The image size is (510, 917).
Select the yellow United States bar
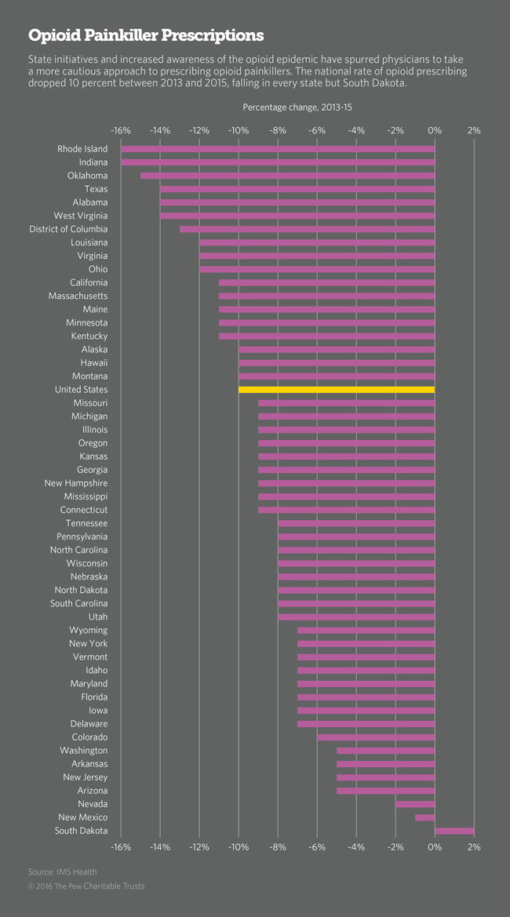[337, 390]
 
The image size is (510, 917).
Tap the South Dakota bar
[454, 831]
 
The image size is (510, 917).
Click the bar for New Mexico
[424, 818]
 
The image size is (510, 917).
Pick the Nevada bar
[415, 805]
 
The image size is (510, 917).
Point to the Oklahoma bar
[287, 176]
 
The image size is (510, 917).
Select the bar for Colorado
[376, 737]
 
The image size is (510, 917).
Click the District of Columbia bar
[307, 229]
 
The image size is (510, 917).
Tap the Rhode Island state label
[82, 149]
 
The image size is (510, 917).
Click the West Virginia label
[81, 216]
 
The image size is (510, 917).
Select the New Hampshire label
[76, 483]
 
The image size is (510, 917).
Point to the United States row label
[82, 390]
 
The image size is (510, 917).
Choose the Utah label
[98, 617]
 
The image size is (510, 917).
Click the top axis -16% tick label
[121, 130]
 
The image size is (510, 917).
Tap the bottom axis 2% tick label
[474, 847]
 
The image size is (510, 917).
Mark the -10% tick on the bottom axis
[239, 847]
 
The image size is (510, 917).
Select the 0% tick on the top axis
[435, 130]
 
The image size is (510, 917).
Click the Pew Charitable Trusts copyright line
[86, 886]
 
